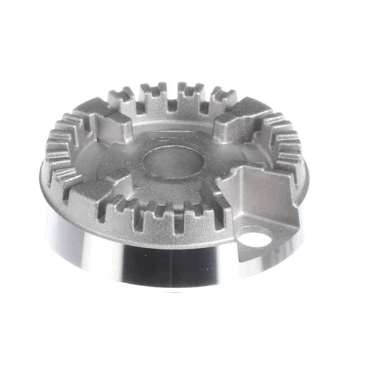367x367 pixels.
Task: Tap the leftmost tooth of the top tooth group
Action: pos(123,98)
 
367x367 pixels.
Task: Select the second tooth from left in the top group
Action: pos(154,92)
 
